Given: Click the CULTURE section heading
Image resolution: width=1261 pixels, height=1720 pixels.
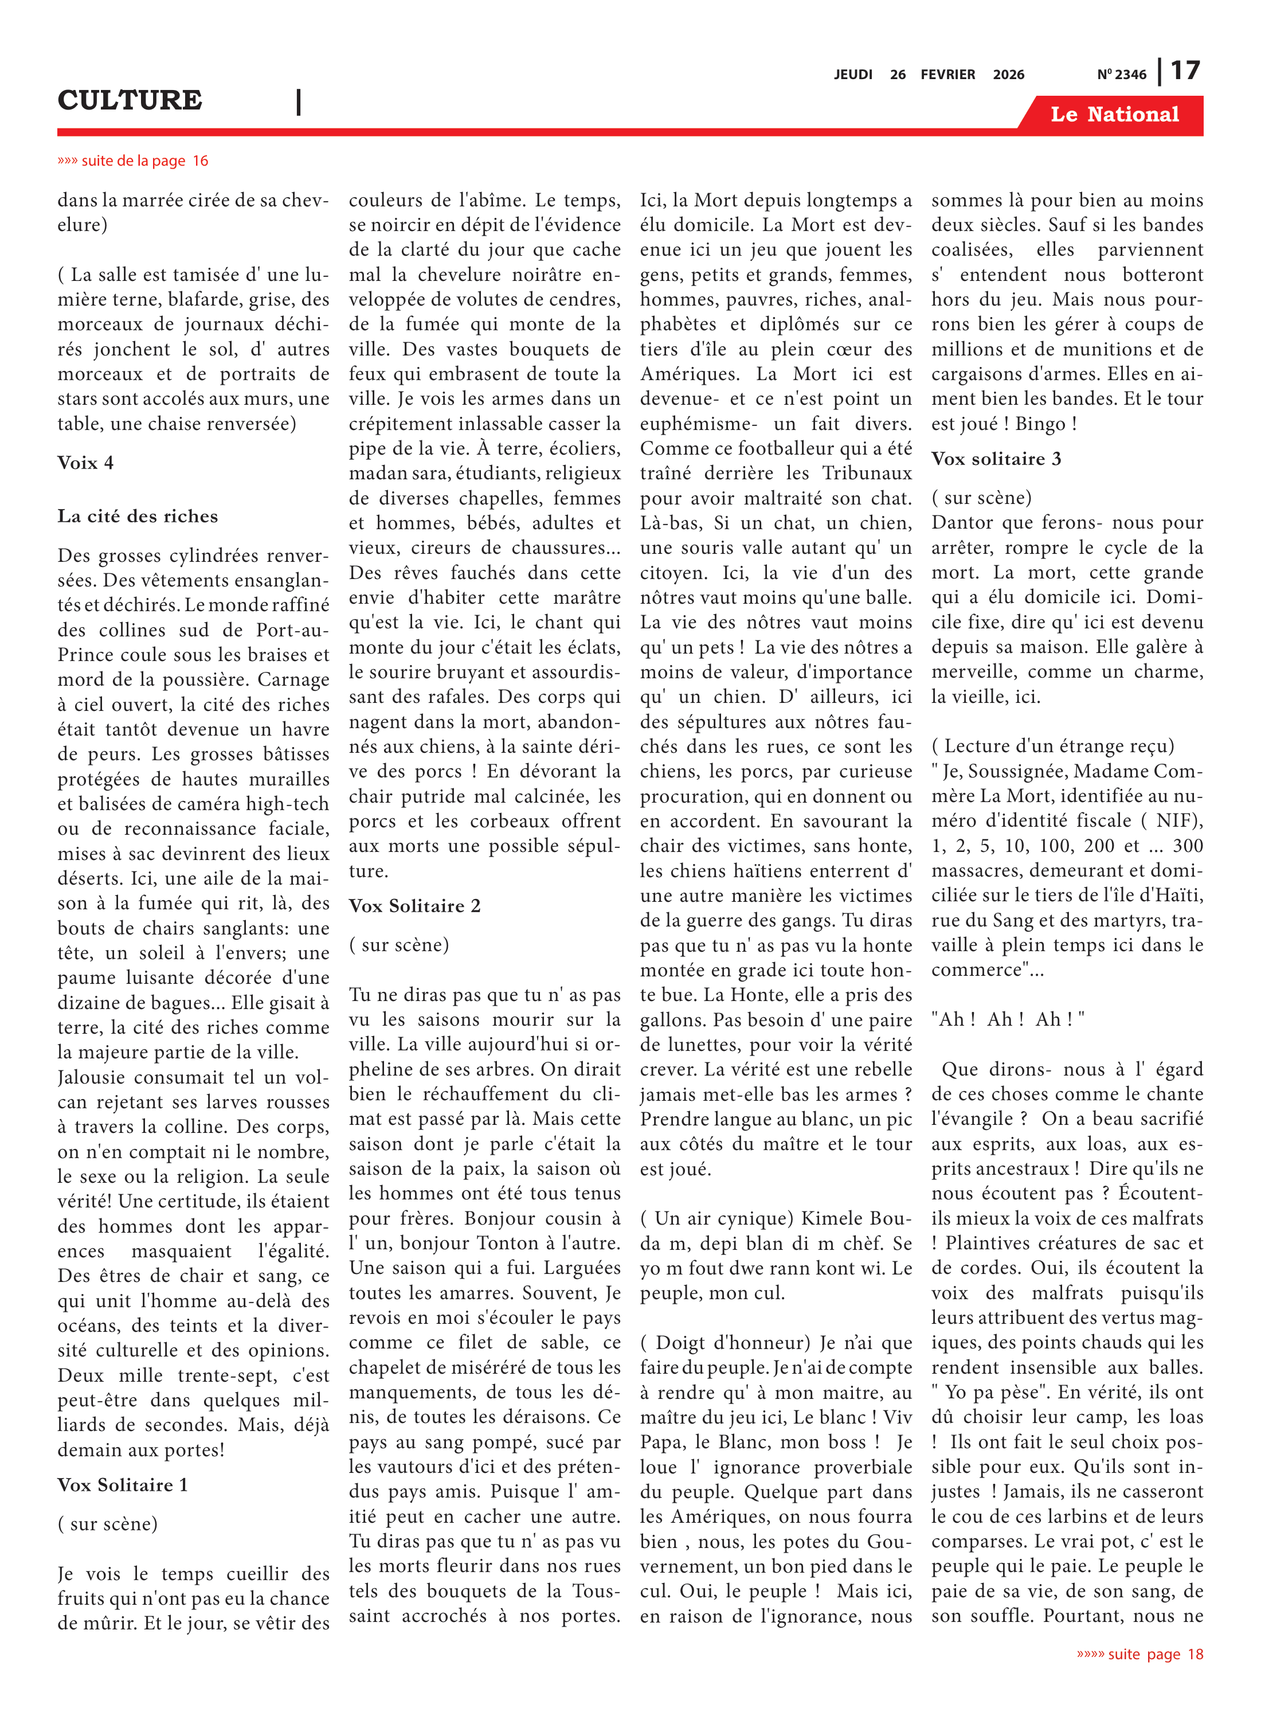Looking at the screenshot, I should coord(130,100).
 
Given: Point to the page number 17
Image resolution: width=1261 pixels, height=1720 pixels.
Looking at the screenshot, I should coord(1185,71).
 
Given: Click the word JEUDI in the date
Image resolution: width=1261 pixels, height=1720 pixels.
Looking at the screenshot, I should coord(853,75).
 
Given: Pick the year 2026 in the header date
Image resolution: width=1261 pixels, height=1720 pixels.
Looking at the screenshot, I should coord(1008,75).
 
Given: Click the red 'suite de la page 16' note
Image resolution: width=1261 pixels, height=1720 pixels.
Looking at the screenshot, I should coord(133,161).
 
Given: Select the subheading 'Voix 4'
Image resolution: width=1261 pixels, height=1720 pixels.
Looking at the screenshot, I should coord(85,463).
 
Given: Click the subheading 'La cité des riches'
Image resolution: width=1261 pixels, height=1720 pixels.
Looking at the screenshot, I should coord(138,516).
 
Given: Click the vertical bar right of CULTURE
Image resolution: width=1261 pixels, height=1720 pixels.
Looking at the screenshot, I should coord(299,101).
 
